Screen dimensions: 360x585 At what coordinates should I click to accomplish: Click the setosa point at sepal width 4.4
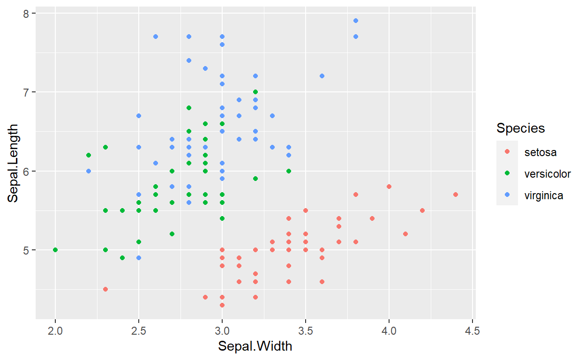click(456, 194)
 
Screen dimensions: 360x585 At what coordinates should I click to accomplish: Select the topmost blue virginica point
click(356, 21)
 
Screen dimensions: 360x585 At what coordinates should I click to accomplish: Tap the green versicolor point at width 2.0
click(55, 250)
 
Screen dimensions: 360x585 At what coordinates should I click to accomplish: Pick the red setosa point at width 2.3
click(105, 289)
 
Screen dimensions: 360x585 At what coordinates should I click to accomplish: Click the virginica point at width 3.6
click(322, 76)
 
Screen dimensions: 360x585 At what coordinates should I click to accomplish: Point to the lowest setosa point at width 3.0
click(222, 305)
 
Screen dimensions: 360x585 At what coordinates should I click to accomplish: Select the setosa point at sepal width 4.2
click(422, 210)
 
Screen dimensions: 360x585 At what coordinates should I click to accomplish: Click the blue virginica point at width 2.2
click(89, 171)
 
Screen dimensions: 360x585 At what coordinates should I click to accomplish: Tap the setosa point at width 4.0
click(389, 187)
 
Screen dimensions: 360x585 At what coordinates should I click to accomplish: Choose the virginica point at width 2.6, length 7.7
click(156, 37)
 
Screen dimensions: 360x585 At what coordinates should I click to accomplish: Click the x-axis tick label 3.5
click(306, 331)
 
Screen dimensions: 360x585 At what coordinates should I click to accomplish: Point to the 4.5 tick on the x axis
click(472, 331)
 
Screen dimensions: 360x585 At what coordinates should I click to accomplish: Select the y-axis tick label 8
click(27, 14)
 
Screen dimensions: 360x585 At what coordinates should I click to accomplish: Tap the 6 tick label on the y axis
click(27, 171)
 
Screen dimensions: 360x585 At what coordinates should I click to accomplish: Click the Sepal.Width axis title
click(255, 347)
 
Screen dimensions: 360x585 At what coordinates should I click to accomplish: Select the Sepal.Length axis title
click(13, 163)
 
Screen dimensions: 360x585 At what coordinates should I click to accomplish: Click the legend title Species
click(521, 128)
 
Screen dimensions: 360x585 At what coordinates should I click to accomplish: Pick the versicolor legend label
click(547, 174)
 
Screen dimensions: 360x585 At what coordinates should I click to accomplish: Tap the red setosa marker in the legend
click(507, 152)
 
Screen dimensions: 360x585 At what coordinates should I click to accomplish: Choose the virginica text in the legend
click(544, 195)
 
